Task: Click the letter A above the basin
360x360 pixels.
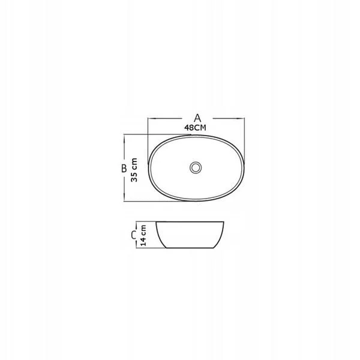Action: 197,118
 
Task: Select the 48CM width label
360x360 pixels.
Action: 195,128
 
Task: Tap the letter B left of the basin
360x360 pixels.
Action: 124,168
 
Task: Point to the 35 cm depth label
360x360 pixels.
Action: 134,170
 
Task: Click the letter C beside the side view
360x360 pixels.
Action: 134,235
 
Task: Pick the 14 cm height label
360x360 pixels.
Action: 143,235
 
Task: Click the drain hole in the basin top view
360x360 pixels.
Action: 196,167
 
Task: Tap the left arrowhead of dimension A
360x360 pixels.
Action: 152,118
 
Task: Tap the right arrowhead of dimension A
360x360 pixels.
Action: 241,118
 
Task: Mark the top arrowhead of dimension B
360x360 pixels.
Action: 124,138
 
